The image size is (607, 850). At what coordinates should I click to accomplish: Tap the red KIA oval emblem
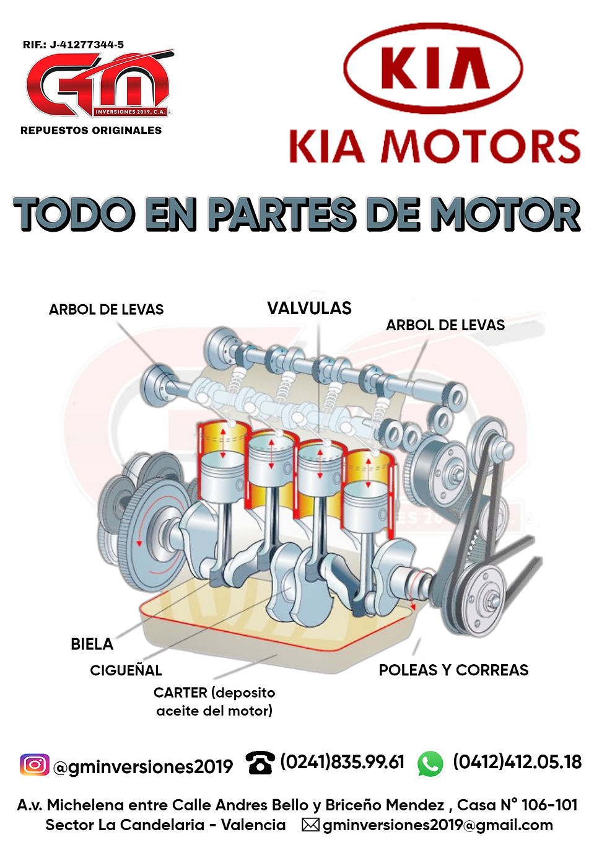(x=433, y=68)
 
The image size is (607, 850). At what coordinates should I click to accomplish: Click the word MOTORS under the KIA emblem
(x=481, y=146)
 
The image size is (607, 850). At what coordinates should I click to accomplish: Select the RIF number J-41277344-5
(x=87, y=45)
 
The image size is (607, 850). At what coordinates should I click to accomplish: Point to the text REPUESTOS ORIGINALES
(x=91, y=130)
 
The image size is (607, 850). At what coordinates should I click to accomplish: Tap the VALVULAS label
(x=309, y=308)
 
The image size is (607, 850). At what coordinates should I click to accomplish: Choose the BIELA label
(x=92, y=644)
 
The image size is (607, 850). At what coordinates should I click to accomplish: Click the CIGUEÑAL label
(x=126, y=670)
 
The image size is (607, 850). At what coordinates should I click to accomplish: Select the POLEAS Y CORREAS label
(x=453, y=670)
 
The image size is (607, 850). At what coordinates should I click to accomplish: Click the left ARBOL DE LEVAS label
(x=107, y=310)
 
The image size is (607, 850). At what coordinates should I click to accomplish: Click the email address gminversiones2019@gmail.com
(x=438, y=825)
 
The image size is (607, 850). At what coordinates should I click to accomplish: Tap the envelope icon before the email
(x=310, y=825)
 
